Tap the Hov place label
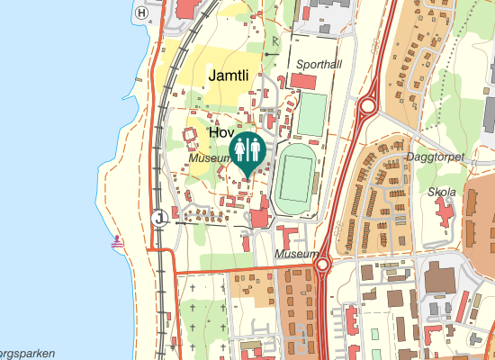221,131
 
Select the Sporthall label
320,65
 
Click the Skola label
442,192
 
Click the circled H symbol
141,13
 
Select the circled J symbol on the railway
160,217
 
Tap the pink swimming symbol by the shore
118,242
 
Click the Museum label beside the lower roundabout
297,255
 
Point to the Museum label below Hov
211,157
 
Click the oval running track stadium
294,175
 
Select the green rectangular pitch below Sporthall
311,114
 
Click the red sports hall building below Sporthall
303,82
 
